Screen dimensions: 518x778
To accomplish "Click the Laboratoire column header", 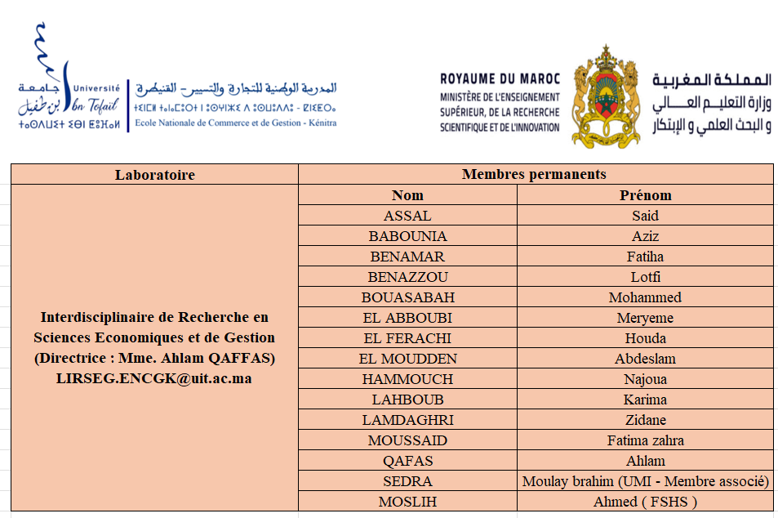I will [154, 175].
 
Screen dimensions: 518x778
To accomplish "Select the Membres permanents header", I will [534, 174].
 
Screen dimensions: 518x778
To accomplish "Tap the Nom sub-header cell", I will [407, 195].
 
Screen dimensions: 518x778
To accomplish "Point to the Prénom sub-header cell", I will [645, 195].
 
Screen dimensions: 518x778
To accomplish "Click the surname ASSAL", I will [407, 216].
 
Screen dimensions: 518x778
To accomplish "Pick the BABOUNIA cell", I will [407, 236].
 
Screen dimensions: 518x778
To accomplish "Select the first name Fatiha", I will [645, 257].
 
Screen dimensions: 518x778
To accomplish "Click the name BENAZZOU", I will [407, 277].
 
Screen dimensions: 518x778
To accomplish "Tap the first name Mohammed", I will [645, 297].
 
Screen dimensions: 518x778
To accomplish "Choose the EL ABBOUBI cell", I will [407, 318].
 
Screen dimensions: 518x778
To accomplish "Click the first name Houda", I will [645, 338].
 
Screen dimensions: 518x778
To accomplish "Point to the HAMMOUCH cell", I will [407, 379].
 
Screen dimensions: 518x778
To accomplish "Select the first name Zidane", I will [645, 420].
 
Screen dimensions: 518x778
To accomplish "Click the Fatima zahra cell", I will [645, 440].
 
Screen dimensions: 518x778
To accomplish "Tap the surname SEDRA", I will [407, 481].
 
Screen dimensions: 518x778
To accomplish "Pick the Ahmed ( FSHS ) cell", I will [645, 502].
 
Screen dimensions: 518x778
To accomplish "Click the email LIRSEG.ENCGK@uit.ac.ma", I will [153, 379].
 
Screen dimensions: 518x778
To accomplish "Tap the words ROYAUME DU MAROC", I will [500, 79].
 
